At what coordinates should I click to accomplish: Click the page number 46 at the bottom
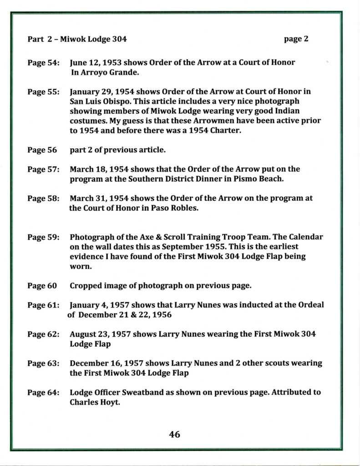[174, 434]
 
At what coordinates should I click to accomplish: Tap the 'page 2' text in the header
[296, 39]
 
